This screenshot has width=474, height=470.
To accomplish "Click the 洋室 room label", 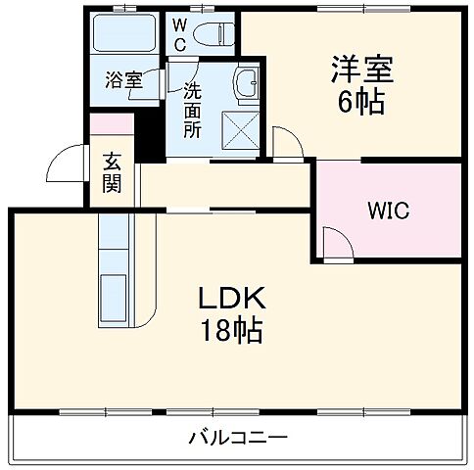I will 360,70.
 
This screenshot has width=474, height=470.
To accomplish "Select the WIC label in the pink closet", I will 389,210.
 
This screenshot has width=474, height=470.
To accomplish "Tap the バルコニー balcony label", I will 237,437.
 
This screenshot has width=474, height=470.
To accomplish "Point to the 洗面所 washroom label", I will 192,108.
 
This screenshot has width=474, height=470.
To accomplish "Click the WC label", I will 182,35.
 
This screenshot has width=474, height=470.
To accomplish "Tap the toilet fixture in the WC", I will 213,33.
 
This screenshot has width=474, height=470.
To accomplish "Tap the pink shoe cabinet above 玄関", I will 113,126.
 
